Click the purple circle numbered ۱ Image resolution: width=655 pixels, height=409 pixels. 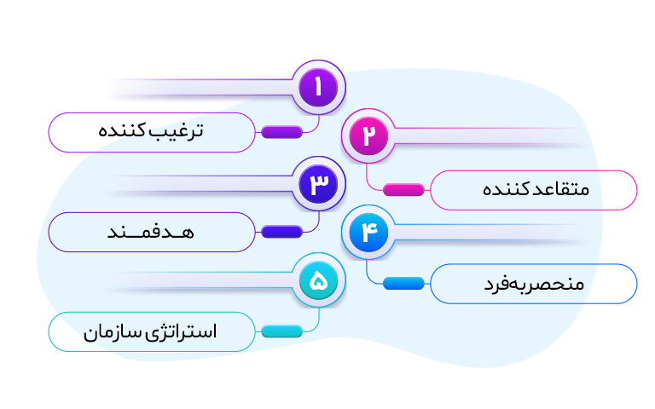tap(319, 87)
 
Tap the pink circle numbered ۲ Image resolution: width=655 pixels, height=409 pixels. tap(368, 136)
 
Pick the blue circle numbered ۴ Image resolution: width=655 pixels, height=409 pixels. tap(368, 233)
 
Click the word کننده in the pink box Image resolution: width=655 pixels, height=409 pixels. tap(507, 189)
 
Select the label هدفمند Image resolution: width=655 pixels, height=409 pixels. tap(154, 232)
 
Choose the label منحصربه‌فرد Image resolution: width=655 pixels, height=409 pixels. tap(534, 284)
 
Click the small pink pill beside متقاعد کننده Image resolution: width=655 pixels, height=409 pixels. tap(403, 190)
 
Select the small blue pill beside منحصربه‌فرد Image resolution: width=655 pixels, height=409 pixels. tap(403, 284)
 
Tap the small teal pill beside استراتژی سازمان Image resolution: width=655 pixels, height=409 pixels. tap(281, 331)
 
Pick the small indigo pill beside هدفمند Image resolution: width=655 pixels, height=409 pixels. tap(281, 232)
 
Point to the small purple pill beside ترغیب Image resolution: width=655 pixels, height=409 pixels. tap(281, 132)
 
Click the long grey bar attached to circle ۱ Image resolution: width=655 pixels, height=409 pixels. tap(200, 88)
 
